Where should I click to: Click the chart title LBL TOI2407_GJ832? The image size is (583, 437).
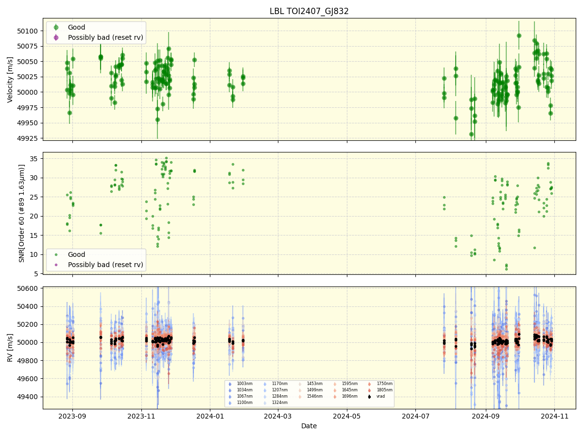point(309,11)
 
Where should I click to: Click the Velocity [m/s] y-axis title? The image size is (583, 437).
point(10,79)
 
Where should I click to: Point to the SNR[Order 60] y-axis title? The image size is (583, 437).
point(22,213)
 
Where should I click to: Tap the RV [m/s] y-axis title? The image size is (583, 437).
point(10,348)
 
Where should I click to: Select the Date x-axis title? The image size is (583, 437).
point(309,426)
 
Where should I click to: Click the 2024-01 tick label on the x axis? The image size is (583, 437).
point(210,416)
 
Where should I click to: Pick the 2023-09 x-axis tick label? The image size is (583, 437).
point(72,416)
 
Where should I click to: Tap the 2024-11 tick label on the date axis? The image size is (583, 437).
point(554,416)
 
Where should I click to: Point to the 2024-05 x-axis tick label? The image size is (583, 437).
point(347,416)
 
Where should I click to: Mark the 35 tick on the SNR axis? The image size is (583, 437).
point(34,159)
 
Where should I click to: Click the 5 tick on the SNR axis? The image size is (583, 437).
point(36,274)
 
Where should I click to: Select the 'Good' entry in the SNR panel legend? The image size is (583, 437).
point(76,254)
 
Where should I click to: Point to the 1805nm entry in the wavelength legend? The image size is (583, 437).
point(384,390)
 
